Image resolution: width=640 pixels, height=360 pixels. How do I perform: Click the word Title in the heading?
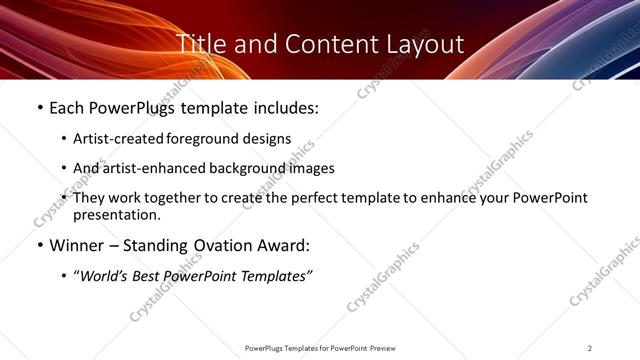pos(199,45)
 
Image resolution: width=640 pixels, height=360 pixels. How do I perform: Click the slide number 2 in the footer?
pos(590,348)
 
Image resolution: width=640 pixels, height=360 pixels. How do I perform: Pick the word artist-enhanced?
pos(151,168)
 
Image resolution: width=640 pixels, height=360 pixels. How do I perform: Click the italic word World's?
pos(105,275)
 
